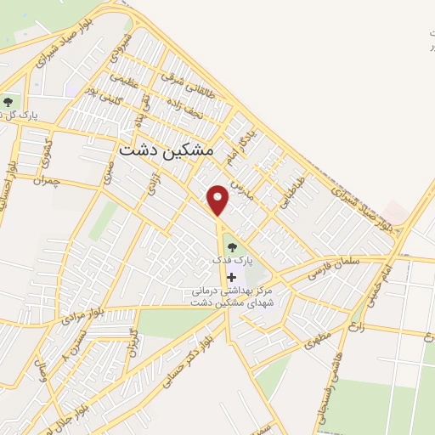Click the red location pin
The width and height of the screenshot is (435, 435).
pos(219,199)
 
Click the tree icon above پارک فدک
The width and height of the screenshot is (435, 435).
pos(230,247)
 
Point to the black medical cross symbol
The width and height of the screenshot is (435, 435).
pos(231,278)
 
